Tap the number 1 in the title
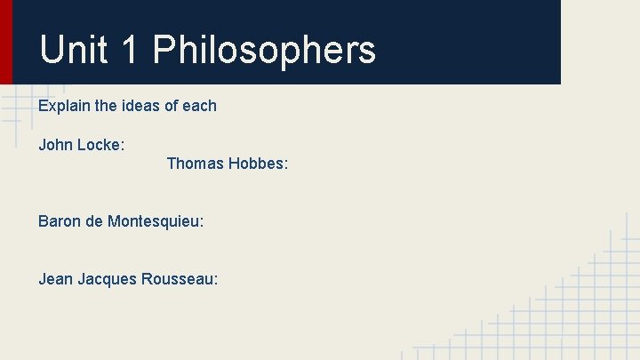point(129,50)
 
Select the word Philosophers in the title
point(264,50)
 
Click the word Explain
point(64,107)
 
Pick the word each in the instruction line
point(199,106)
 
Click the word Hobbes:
point(259,164)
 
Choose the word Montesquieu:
point(156,220)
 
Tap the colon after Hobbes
point(286,164)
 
